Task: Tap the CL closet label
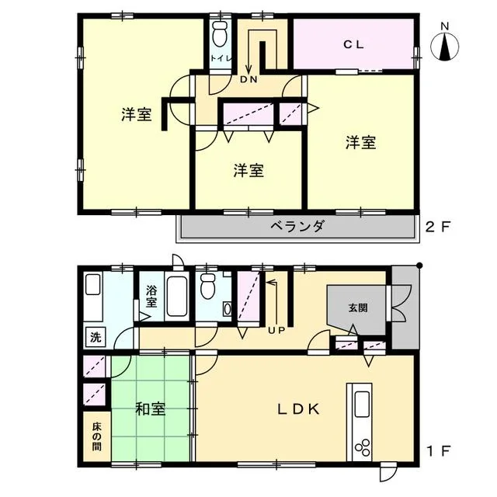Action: [354, 45]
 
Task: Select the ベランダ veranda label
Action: [297, 226]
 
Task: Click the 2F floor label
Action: [438, 227]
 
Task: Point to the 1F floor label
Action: [438, 451]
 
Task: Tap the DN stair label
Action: [248, 79]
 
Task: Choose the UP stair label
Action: [276, 330]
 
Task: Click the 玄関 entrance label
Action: [358, 308]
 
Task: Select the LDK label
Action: [298, 409]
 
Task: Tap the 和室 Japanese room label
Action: [150, 409]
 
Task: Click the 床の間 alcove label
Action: [96, 436]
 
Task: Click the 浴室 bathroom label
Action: [151, 296]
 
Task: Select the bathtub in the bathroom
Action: [177, 297]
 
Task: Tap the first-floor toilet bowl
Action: [208, 287]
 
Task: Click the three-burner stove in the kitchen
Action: [362, 447]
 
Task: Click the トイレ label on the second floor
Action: [221, 59]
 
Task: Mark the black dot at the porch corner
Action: [419, 266]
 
